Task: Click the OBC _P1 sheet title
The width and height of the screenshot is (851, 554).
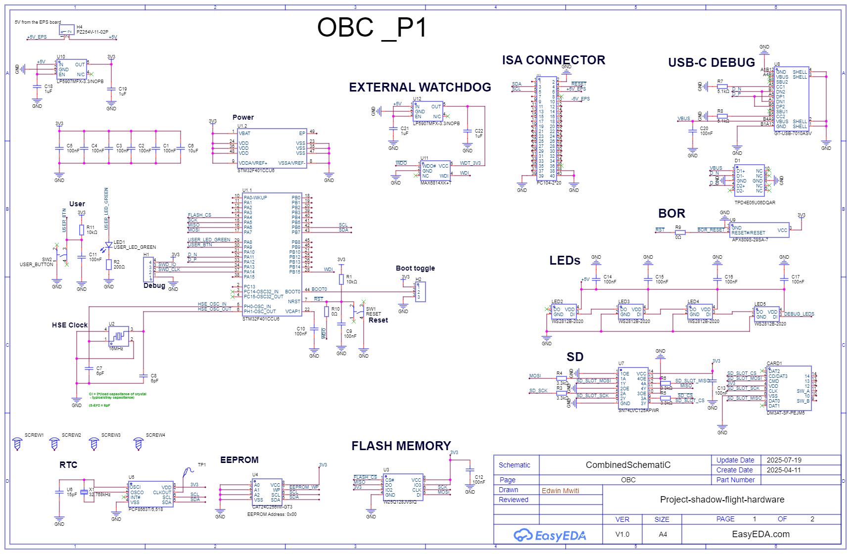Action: (x=372, y=28)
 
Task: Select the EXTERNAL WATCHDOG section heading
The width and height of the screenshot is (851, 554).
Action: (x=420, y=88)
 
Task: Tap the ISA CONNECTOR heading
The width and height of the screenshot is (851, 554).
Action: (x=553, y=60)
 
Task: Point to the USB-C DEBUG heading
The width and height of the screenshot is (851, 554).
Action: (x=711, y=63)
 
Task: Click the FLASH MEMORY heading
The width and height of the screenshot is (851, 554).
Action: (x=401, y=446)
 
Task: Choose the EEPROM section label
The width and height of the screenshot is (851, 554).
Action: (x=239, y=460)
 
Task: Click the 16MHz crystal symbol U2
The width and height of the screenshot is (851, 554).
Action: (x=119, y=336)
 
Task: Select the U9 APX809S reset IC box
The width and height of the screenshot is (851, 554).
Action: (x=759, y=230)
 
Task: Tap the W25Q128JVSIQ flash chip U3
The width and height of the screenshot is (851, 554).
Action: (x=403, y=487)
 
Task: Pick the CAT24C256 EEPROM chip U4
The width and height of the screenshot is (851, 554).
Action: (x=267, y=492)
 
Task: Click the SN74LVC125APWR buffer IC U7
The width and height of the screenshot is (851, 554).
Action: (x=633, y=388)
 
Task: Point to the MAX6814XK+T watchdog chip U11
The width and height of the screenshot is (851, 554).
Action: (x=435, y=171)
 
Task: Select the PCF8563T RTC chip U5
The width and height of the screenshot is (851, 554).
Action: (x=151, y=494)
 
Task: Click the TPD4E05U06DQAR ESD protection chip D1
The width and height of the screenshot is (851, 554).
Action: (x=749, y=181)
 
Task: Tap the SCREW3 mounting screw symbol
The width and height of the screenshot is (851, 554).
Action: (x=94, y=444)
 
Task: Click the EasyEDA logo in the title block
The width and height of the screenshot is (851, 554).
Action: (x=549, y=535)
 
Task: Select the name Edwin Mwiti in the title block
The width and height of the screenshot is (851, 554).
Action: (x=560, y=491)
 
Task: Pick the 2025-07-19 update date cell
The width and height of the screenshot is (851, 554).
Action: (x=784, y=460)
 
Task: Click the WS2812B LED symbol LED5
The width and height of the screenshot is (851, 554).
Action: (x=766, y=314)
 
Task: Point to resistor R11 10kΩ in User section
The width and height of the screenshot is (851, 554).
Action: (x=82, y=230)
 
